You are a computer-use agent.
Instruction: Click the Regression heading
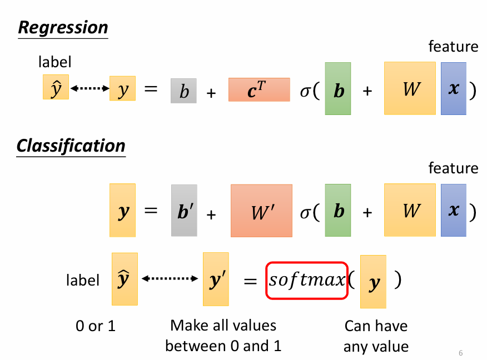[63, 28]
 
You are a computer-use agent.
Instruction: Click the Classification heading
[71, 146]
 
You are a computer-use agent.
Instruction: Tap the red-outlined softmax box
[307, 281]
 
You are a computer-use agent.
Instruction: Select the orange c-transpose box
[259, 89]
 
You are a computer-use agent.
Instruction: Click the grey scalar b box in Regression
[183, 91]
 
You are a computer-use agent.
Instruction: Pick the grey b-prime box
[184, 211]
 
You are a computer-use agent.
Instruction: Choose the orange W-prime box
[261, 211]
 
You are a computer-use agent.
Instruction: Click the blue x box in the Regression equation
[454, 88]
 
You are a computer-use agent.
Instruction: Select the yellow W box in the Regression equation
[410, 88]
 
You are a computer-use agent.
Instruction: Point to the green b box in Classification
[338, 211]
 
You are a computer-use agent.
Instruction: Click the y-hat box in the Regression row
[56, 87]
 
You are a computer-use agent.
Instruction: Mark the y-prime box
[216, 279]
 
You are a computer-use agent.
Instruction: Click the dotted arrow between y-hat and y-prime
[171, 279]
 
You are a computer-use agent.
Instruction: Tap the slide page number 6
[461, 353]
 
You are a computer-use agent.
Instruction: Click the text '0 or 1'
[96, 326]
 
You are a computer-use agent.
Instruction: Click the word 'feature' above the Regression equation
[453, 47]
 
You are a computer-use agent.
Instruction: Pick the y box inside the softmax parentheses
[373, 282]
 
